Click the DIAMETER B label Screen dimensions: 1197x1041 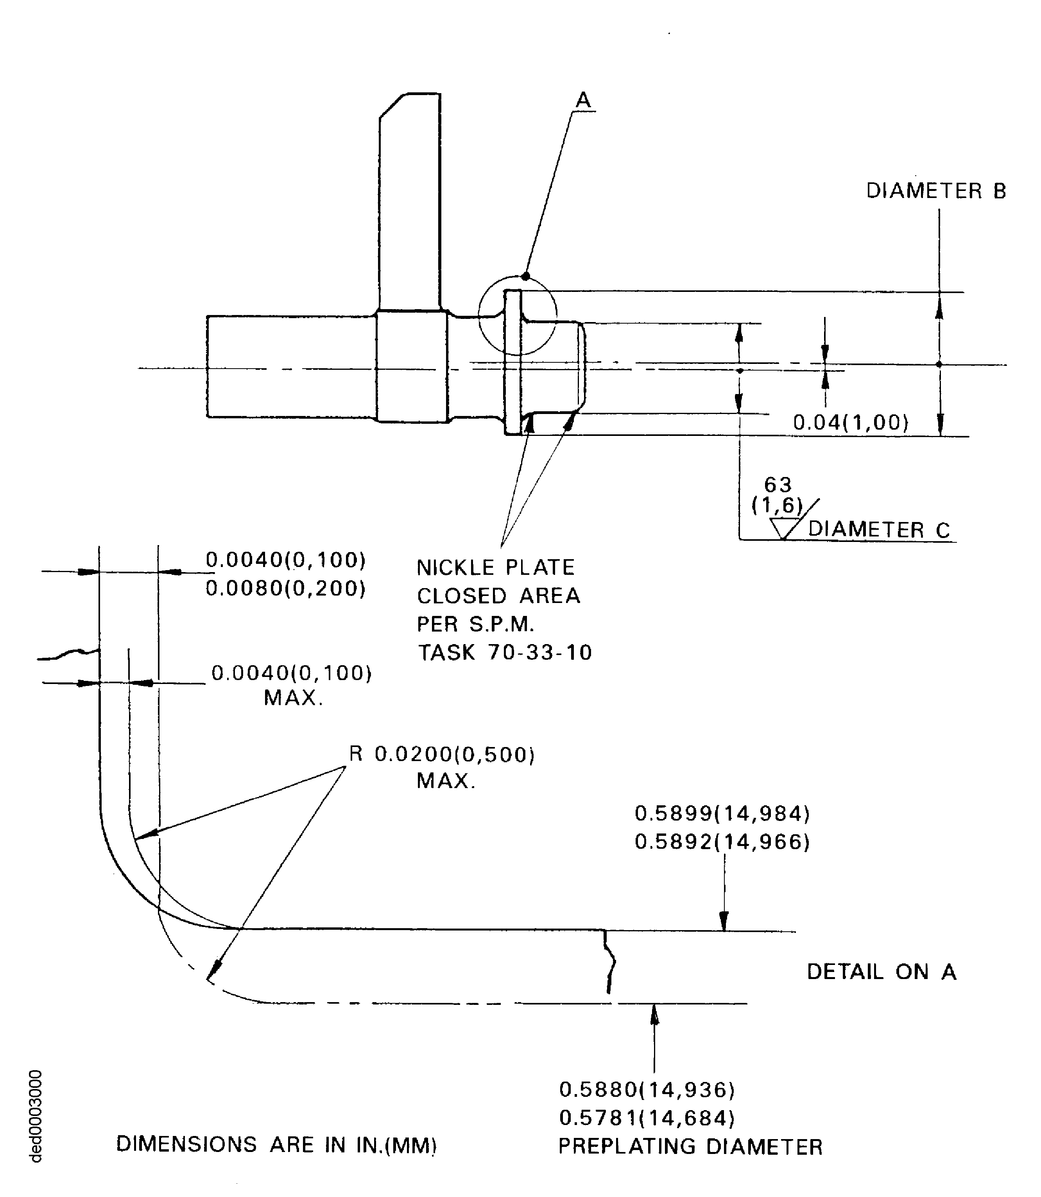pyautogui.click(x=935, y=191)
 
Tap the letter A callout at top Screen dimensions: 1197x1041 pyautogui.click(x=583, y=101)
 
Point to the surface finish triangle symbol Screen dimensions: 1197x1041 pyautogui.click(x=784, y=528)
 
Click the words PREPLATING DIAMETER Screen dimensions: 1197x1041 pyautogui.click(x=690, y=1147)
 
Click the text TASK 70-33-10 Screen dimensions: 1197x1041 pyautogui.click(x=504, y=652)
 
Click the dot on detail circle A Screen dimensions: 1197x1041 pyautogui.click(x=526, y=276)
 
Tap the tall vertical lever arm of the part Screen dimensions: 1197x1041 pyautogui.click(x=410, y=203)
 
